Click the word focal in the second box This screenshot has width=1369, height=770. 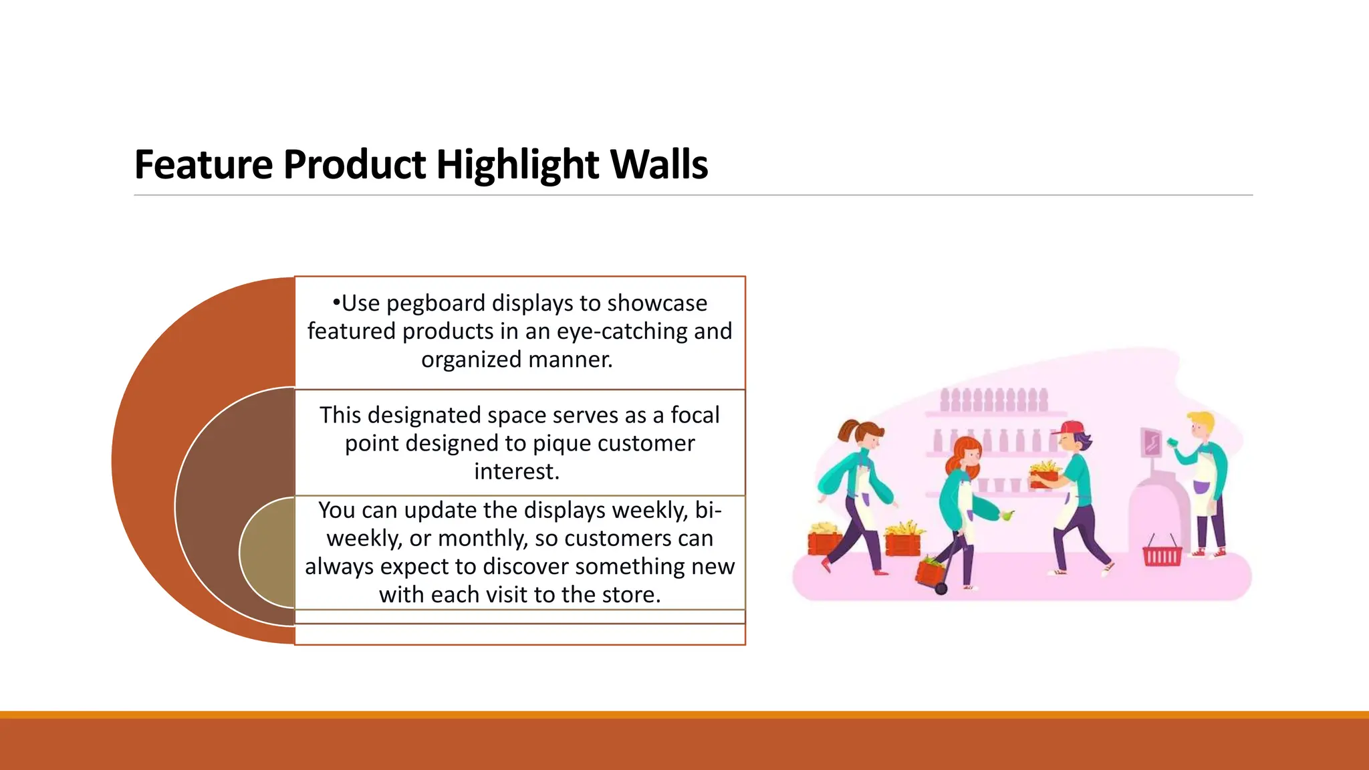point(695,415)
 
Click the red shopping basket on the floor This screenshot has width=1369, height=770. point(1162,555)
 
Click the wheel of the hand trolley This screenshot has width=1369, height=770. point(941,589)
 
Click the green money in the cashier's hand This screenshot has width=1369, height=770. point(1172,442)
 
